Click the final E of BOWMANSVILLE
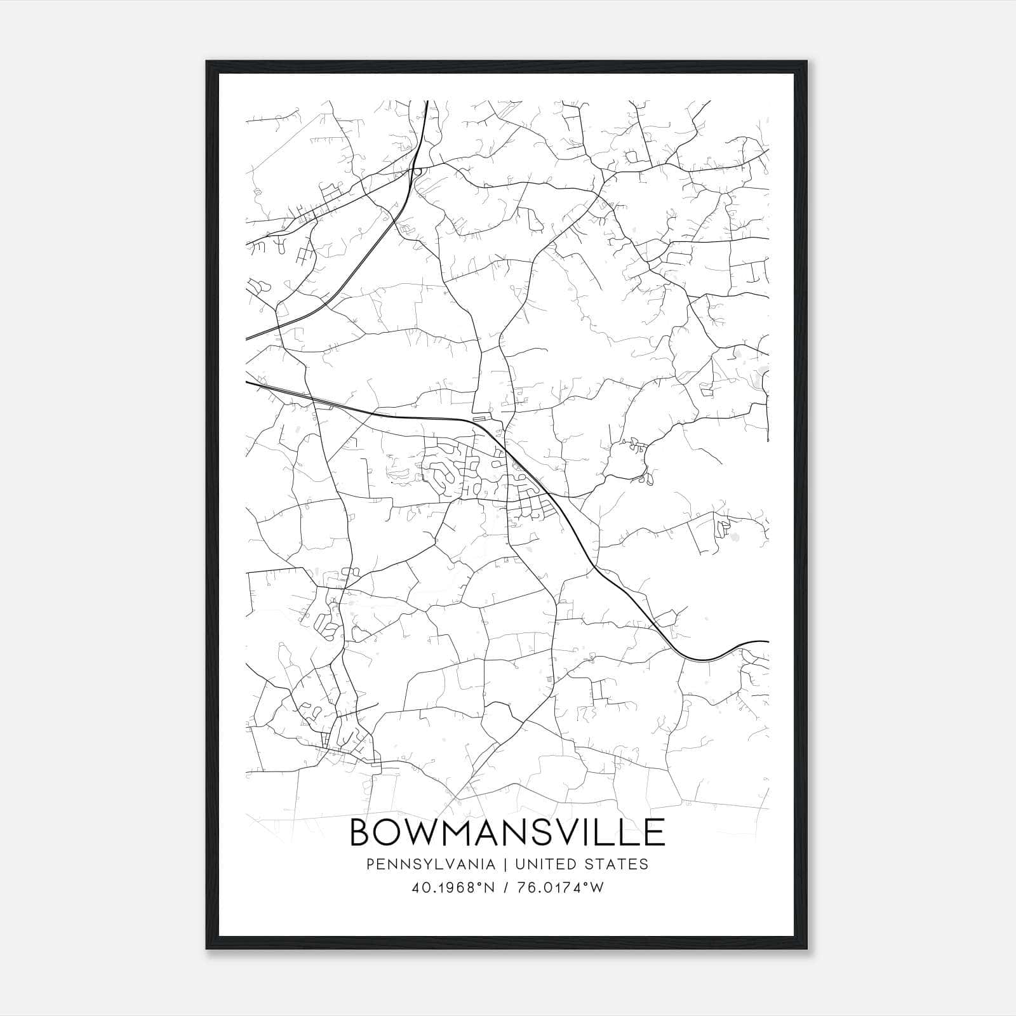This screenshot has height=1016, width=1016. [x=655, y=832]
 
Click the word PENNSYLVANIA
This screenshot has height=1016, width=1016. [x=422, y=864]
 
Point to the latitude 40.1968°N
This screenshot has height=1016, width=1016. [x=453, y=888]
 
